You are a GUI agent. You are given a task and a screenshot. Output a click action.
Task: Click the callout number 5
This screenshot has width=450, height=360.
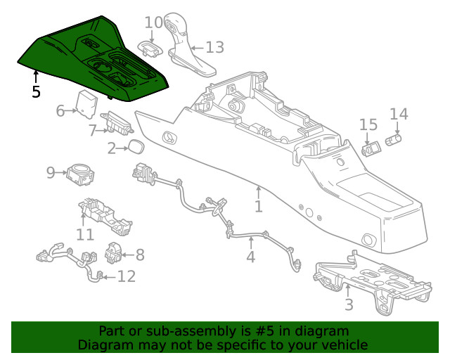(x=36, y=91)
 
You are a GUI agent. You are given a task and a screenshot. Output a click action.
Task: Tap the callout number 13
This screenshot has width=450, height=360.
(x=214, y=48)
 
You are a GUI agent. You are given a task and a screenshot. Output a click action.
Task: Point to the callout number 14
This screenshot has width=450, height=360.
(x=398, y=114)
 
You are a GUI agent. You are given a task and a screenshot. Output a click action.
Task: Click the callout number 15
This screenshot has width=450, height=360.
(x=368, y=125)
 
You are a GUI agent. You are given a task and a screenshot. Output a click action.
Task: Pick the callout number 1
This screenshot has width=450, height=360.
(x=259, y=206)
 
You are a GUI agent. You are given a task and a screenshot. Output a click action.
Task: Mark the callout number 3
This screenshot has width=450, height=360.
(x=348, y=304)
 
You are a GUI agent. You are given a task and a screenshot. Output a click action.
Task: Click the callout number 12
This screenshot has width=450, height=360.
(x=126, y=276)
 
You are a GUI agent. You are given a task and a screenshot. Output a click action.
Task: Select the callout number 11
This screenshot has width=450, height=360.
(x=85, y=234)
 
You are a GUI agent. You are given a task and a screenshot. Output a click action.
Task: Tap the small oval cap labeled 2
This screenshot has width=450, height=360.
(x=135, y=147)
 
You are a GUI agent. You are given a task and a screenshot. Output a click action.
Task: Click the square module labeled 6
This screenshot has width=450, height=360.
(x=87, y=103)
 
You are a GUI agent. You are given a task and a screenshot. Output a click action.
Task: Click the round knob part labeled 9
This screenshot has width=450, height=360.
(x=80, y=174)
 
